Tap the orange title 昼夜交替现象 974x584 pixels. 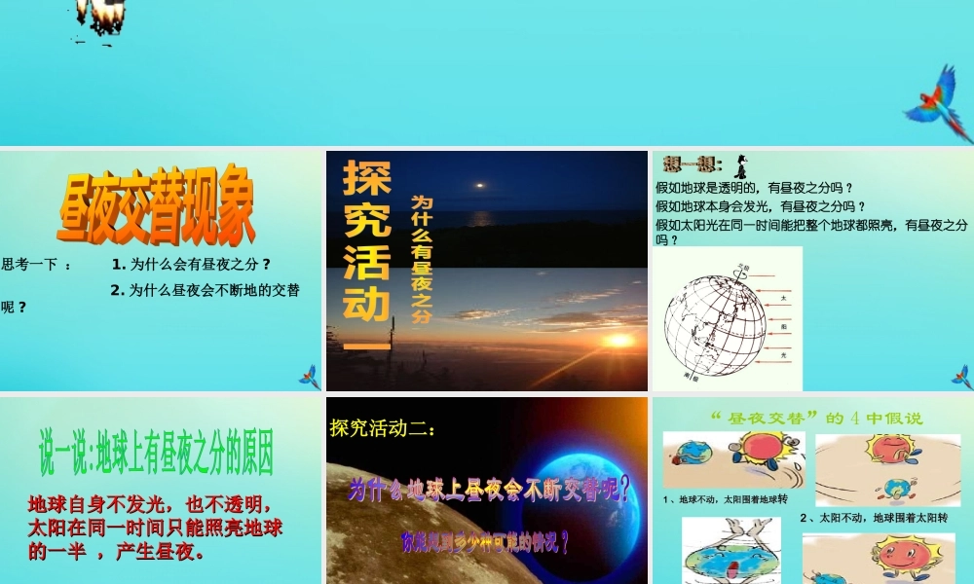click(157, 208)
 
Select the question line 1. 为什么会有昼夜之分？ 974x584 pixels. click(190, 264)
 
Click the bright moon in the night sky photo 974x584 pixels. click(478, 184)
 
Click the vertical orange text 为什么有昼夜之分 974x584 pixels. click(421, 257)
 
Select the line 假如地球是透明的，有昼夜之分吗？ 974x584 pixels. click(754, 188)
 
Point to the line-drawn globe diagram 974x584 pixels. click(716, 321)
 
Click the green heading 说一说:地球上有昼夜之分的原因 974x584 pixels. click(156, 452)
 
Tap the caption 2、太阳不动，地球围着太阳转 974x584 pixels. click(874, 517)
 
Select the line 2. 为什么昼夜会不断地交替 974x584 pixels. click(205, 289)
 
